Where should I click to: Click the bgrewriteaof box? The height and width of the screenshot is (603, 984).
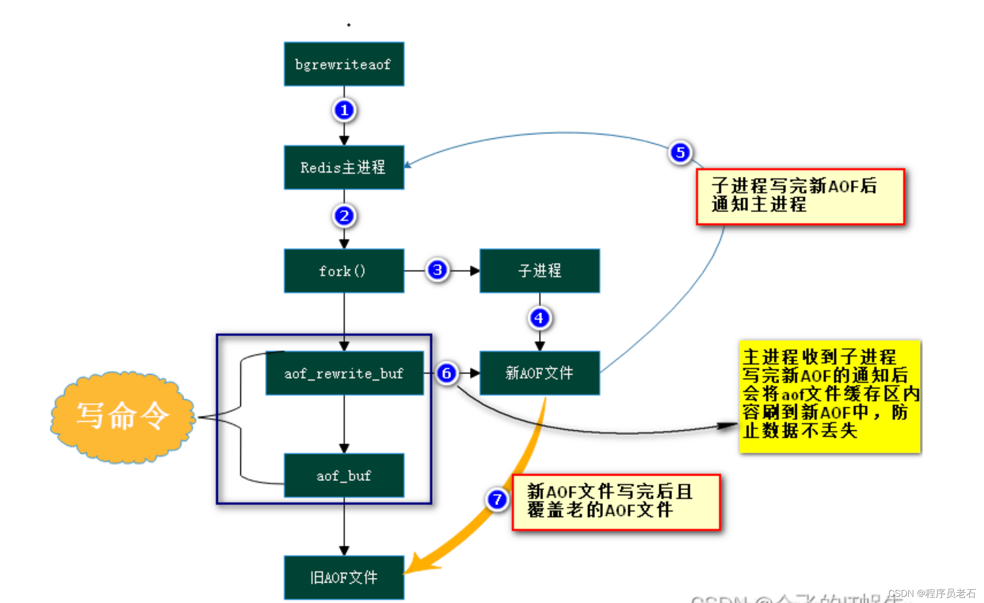[344, 64]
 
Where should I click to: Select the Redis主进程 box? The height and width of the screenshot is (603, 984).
[344, 168]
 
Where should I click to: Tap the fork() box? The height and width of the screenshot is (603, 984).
[344, 271]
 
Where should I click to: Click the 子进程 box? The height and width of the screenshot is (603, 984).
[540, 271]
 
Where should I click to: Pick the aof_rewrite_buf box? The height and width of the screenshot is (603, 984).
[344, 373]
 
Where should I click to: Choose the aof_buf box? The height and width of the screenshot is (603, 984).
[344, 476]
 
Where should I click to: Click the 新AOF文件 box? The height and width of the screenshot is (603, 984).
[540, 373]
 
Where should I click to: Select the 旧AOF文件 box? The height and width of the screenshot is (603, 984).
[344, 577]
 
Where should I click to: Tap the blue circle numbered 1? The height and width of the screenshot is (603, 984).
[344, 110]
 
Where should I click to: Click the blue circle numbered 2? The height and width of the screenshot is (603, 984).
[344, 216]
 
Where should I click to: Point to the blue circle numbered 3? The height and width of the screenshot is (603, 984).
[437, 270]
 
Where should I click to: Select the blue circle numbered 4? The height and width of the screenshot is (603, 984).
[539, 318]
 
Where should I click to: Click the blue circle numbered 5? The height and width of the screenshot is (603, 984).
[680, 152]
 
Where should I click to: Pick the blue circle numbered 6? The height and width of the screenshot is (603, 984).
[446, 373]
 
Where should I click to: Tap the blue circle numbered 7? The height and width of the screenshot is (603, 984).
[497, 499]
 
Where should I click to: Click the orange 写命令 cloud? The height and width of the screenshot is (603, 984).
[123, 416]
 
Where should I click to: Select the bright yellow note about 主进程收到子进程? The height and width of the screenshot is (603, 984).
[830, 396]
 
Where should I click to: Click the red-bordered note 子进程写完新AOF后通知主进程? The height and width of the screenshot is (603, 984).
[800, 196]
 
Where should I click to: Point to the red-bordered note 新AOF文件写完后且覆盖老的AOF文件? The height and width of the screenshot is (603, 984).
[616, 502]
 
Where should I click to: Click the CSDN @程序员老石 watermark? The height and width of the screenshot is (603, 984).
[932, 593]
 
